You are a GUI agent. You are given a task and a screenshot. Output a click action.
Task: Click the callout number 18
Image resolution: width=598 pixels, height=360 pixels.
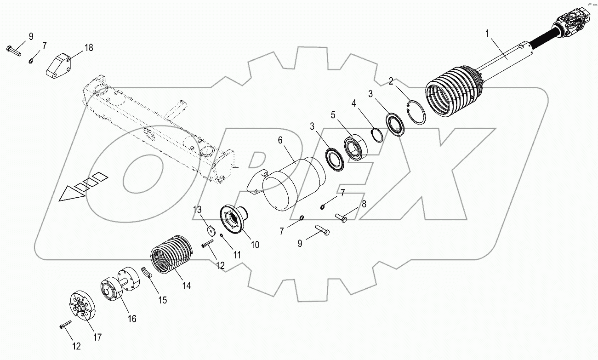click(x=88, y=48)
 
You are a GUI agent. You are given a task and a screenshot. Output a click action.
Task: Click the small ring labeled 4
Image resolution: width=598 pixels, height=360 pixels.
click(x=378, y=136)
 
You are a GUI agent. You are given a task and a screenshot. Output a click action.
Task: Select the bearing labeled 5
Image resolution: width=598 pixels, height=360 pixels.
click(x=356, y=146)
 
